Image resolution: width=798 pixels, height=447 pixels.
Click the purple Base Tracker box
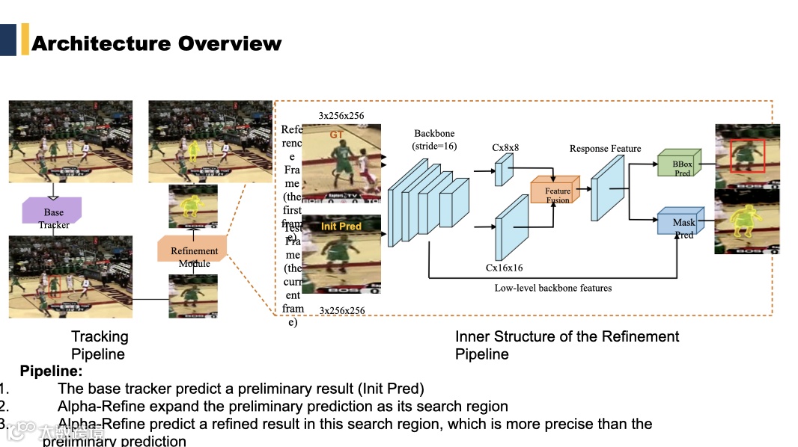pyautogui.click(x=53, y=212)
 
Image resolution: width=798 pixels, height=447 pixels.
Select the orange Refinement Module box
pyautogui.click(x=193, y=249)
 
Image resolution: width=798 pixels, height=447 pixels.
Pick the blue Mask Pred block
pyautogui.click(x=680, y=222)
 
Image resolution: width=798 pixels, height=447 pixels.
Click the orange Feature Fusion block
pyautogui.click(x=555, y=191)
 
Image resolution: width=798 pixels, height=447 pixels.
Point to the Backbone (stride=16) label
pyautogui.click(x=434, y=140)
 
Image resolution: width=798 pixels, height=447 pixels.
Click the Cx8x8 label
pyautogui.click(x=505, y=148)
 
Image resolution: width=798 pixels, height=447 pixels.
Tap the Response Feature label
pyautogui.click(x=605, y=149)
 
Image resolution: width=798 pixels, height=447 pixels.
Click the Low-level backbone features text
pyautogui.click(x=553, y=288)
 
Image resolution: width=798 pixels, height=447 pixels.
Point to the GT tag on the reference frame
pyautogui.click(x=338, y=135)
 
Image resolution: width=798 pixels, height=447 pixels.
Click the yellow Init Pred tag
pyautogui.click(x=341, y=226)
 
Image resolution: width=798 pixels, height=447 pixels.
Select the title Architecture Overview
pyautogui.click(x=156, y=43)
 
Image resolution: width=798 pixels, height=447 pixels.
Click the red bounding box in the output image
pyautogui.click(x=746, y=155)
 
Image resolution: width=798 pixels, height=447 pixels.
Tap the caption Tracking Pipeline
pyautogui.click(x=100, y=345)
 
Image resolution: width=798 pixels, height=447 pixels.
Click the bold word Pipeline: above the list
pyautogui.click(x=51, y=371)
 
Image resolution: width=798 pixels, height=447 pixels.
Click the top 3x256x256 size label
pyautogui.click(x=341, y=116)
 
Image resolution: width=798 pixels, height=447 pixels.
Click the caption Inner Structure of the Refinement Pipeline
pyautogui.click(x=567, y=345)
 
